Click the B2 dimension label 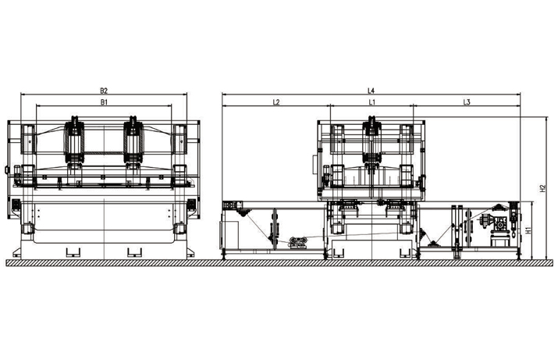coord(104,91)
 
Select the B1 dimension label coord(104,102)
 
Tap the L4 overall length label coord(371,91)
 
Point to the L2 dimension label coord(276,102)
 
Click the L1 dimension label coord(372,102)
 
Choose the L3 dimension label coord(467,102)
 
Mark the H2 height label coord(542,188)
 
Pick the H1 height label coord(528,230)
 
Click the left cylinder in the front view coord(74,140)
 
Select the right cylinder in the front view coord(133,140)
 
